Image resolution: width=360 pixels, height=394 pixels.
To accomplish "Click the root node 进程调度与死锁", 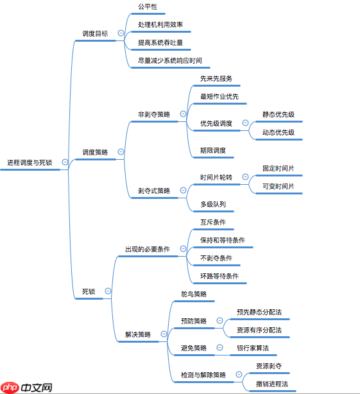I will [x=30, y=162].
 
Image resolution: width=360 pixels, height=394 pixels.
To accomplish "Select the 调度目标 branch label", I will [x=95, y=33].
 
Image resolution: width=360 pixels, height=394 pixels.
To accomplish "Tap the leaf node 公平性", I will [x=147, y=6].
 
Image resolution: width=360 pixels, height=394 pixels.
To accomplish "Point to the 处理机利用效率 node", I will [x=160, y=24].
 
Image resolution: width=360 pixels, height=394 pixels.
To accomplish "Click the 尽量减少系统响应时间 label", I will [x=169, y=61].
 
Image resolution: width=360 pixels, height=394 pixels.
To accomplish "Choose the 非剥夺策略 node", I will [x=154, y=114].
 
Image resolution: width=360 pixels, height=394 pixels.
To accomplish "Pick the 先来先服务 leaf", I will [x=216, y=79].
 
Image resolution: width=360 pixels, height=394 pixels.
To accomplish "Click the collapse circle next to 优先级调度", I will [x=245, y=123].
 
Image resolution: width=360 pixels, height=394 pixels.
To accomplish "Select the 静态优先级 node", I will [x=278, y=114].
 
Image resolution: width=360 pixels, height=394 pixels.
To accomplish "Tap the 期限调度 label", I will [x=212, y=151].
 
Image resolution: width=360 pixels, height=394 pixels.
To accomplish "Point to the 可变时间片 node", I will [x=278, y=186].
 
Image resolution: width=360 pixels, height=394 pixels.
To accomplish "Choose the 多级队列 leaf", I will [x=212, y=204].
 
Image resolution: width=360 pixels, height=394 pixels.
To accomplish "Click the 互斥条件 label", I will [x=212, y=222].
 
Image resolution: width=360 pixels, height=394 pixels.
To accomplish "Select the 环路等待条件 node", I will [x=219, y=276].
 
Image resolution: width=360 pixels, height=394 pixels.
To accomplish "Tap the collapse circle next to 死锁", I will [x=108, y=291].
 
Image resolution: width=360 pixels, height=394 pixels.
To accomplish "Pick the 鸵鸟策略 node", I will [x=194, y=294].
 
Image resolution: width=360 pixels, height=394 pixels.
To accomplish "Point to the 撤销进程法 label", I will [x=271, y=384].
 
